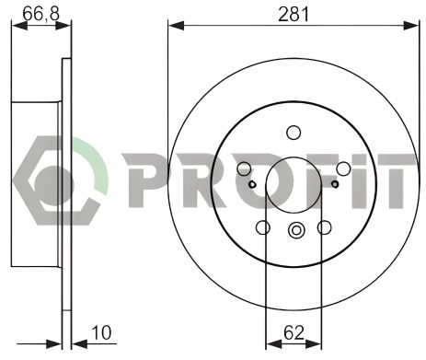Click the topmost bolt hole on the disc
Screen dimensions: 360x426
click(x=294, y=132)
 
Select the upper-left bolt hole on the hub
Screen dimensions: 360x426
click(x=245, y=169)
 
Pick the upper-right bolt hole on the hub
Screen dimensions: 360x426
click(x=342, y=169)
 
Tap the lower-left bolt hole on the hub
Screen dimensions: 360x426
click(x=263, y=227)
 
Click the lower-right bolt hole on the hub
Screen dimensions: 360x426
click(x=324, y=227)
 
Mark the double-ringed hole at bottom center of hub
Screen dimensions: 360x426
click(x=294, y=230)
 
